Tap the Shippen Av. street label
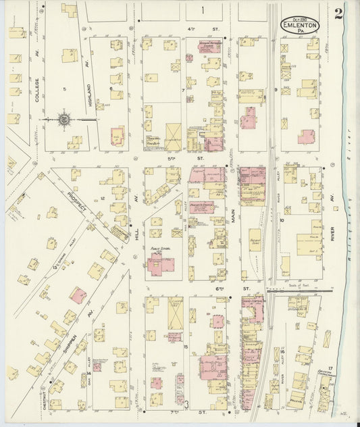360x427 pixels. click(70, 338)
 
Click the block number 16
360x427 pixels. click(282, 351)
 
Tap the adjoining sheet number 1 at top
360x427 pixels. click(203, 10)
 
